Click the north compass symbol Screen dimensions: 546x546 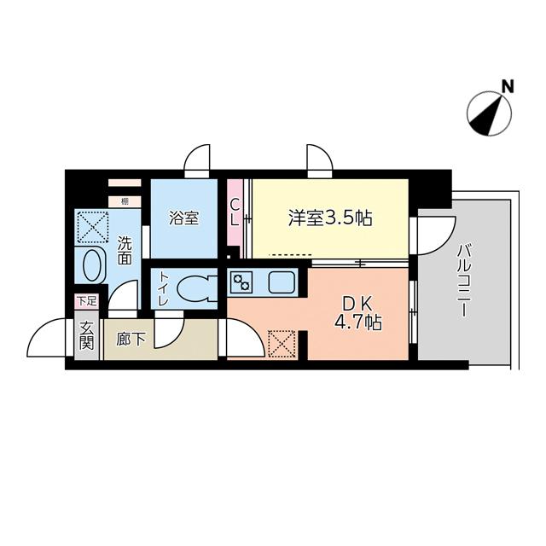coord(490,113)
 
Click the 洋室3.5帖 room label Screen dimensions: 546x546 coord(329,218)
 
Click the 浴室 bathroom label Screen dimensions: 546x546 coord(183,218)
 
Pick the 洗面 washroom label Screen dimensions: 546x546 coord(125,249)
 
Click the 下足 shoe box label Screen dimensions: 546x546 coord(86,300)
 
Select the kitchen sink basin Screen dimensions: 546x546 coord(281,281)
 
